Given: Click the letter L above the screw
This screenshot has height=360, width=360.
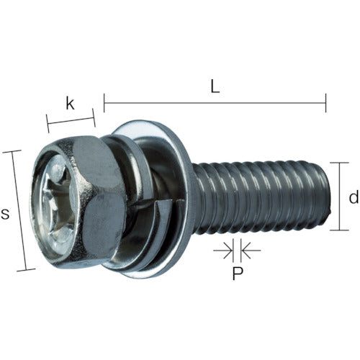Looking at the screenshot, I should click(x=215, y=85).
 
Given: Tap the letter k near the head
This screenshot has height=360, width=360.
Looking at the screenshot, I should click(x=70, y=103).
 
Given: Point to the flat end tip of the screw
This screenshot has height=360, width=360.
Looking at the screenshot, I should click(x=329, y=196).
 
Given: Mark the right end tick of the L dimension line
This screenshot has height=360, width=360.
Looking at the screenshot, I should click(x=326, y=103).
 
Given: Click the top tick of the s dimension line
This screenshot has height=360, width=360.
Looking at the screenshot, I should click(x=13, y=151).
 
